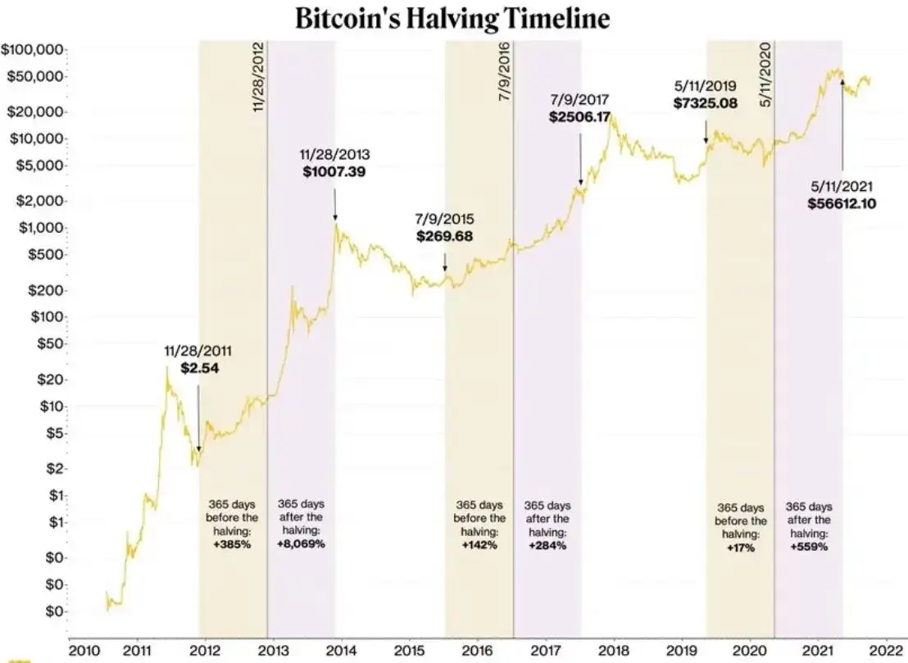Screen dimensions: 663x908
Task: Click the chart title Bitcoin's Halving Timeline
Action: point(452,19)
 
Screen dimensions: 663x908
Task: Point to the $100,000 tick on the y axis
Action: point(34,50)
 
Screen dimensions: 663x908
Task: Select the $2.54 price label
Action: point(200,368)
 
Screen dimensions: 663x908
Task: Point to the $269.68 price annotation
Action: point(444,236)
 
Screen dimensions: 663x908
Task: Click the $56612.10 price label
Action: point(842,203)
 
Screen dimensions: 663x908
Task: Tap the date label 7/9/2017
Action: point(580,100)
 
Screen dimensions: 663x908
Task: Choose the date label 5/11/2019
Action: point(705,84)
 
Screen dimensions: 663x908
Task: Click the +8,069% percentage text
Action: point(301,544)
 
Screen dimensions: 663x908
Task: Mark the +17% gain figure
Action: point(740,547)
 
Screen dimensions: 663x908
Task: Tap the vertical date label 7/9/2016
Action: point(505,70)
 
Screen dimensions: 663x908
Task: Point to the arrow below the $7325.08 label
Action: point(706,131)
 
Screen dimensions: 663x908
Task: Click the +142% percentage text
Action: point(479,545)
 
